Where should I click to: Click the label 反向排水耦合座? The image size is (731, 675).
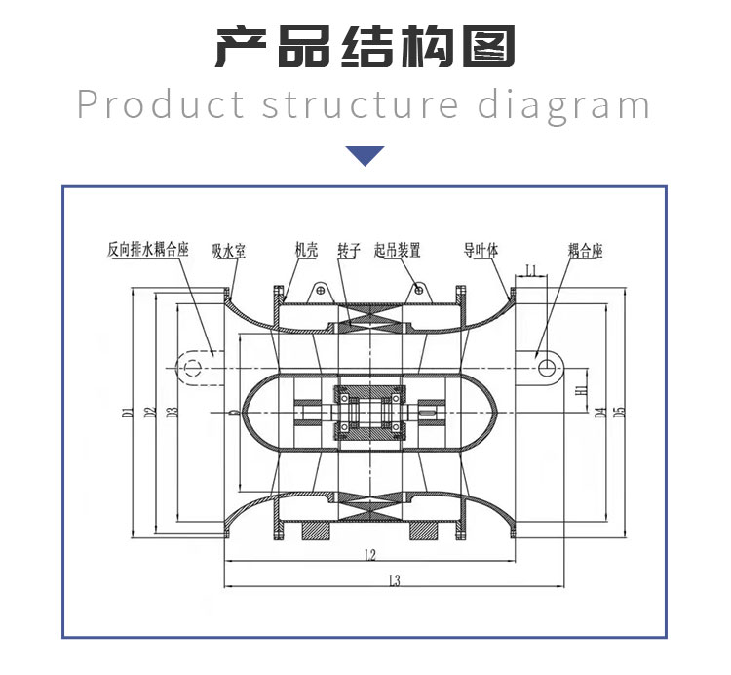pos(147,250)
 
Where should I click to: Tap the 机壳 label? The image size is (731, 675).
pos(306,250)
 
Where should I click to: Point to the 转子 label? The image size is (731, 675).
pos(349,250)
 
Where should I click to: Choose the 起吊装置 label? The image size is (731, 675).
pos(397,250)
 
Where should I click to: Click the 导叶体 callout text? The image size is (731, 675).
pos(481,250)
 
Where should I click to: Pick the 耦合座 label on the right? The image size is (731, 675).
pos(585,251)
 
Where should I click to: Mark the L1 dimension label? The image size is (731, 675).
pos(531,269)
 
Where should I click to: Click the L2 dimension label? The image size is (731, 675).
pos(368,556)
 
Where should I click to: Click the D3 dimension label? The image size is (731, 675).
pos(172,412)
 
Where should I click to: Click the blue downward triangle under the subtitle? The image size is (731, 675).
pos(365,155)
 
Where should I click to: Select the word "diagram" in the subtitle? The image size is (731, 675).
pos(562,104)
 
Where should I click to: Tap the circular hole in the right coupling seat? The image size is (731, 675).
pos(549,367)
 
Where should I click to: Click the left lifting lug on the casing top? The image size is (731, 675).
pos(319,290)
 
